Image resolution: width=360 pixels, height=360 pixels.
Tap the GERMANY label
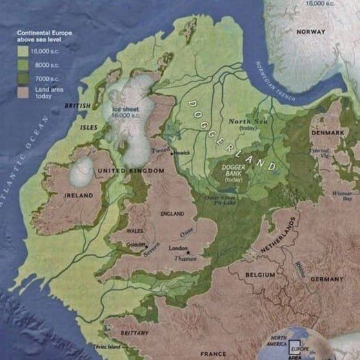click(326, 279)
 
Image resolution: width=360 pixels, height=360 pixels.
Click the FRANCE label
click(213, 353)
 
